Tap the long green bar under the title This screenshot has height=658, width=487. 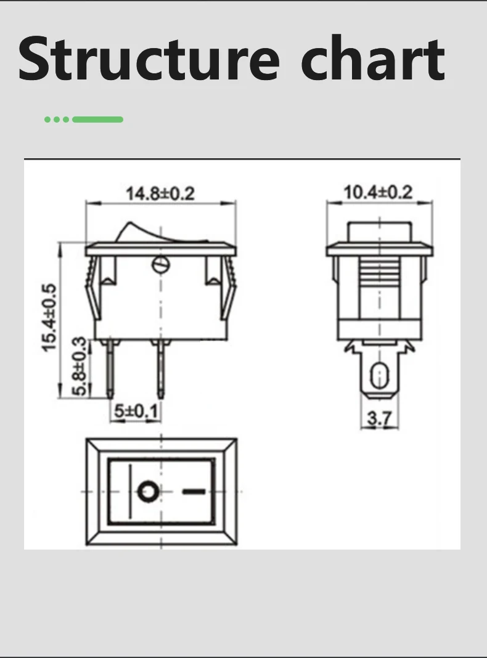click(x=98, y=119)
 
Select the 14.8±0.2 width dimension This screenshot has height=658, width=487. click(x=160, y=193)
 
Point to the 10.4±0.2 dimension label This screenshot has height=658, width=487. click(x=378, y=192)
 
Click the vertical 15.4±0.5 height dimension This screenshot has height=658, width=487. click(x=49, y=318)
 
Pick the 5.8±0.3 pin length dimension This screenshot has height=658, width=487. click(x=80, y=367)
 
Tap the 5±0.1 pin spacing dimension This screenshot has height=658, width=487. click(x=133, y=410)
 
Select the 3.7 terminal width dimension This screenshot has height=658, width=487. click(x=379, y=419)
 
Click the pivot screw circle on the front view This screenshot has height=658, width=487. click(x=160, y=266)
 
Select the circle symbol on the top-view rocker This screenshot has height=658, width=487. click(x=148, y=492)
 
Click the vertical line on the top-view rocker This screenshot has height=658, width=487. click(x=130, y=492)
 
